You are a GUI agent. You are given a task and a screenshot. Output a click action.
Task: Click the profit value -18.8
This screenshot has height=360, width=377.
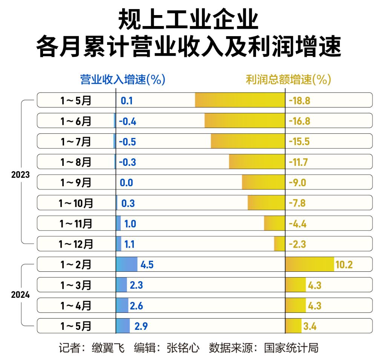(x=299, y=101)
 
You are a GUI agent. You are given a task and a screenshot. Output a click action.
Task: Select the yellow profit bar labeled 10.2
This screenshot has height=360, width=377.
(x=310, y=264)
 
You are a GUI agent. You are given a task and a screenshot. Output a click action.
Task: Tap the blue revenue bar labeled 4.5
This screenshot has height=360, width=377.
(x=127, y=264)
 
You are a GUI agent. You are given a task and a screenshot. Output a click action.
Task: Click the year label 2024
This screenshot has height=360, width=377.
(x=20, y=295)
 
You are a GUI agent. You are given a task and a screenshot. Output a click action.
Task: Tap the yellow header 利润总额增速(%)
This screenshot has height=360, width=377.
(x=288, y=80)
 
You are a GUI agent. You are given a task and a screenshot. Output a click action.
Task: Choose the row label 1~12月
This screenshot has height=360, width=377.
(x=76, y=244)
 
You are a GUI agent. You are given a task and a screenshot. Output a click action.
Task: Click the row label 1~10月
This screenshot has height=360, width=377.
(x=76, y=203)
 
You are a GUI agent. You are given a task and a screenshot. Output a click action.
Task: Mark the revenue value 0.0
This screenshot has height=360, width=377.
(x=126, y=183)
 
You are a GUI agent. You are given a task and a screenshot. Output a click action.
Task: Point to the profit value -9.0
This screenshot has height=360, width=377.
(x=297, y=183)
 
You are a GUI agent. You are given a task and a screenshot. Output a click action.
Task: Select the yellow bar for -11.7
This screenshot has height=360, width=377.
(x=257, y=162)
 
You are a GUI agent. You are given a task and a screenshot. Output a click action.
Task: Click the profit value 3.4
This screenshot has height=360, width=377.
(x=310, y=326)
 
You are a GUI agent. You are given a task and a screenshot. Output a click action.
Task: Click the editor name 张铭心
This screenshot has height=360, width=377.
(x=183, y=348)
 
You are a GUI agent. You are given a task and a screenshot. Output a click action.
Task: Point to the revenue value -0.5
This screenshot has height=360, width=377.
(x=127, y=142)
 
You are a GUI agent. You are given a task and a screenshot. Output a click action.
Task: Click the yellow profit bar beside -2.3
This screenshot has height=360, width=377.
(x=279, y=244)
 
